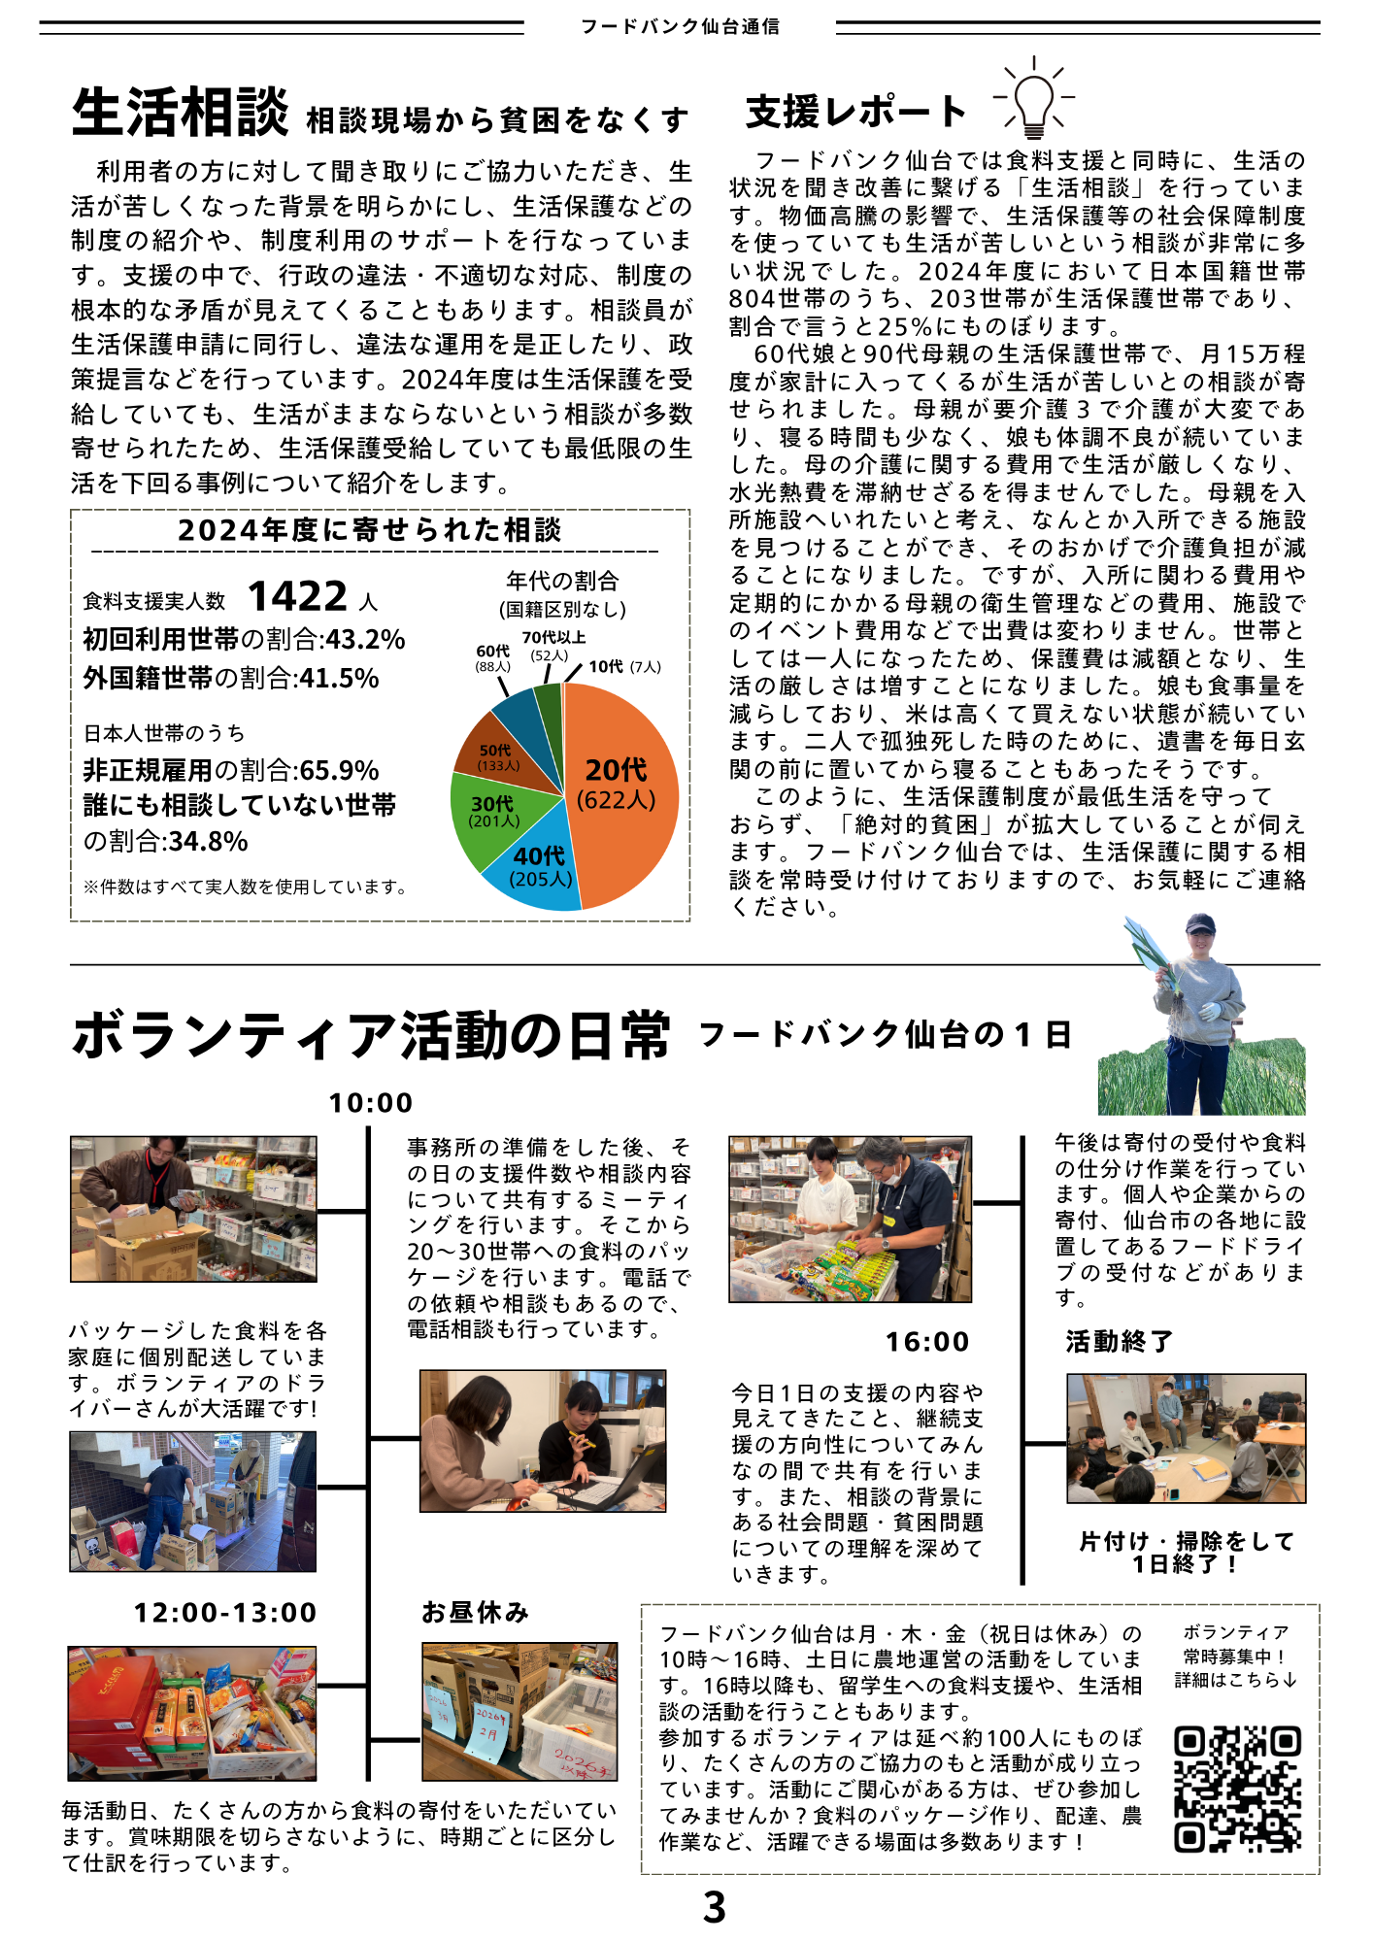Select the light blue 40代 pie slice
540,869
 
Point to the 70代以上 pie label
553,638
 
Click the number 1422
297,596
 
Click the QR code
1236,1789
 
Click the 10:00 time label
371,1103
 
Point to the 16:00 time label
927,1342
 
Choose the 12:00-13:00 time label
225,1613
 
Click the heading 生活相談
181,113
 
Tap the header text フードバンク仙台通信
680,27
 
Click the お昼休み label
475,1613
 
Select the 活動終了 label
1120,1342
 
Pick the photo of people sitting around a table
1186,1438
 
